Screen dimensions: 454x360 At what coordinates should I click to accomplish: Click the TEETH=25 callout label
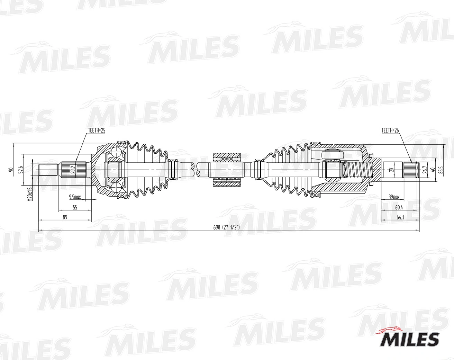(x=97, y=130)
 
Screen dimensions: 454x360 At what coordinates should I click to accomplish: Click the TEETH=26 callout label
(x=390, y=130)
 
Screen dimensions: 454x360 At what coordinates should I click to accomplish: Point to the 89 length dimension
(x=65, y=217)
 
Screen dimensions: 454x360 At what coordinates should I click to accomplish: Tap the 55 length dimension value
(x=75, y=207)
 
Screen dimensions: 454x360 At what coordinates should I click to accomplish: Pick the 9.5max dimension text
(x=75, y=197)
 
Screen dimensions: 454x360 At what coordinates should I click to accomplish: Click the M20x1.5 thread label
(x=30, y=194)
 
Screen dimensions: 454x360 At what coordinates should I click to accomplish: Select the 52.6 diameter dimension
(x=20, y=170)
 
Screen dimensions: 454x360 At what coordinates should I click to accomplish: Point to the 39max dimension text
(x=394, y=197)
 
